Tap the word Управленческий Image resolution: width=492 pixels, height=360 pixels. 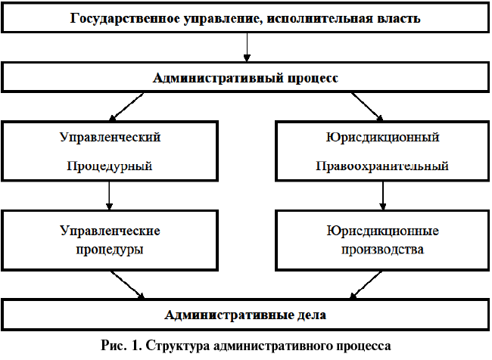tap(110, 138)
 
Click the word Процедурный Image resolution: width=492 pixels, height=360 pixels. tap(110, 166)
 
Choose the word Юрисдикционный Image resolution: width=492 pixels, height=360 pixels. tap(383, 138)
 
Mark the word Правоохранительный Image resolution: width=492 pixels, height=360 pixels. tap(382, 166)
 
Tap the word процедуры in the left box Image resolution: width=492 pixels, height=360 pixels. tap(111, 248)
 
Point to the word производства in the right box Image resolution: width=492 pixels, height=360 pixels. tap(383, 248)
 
